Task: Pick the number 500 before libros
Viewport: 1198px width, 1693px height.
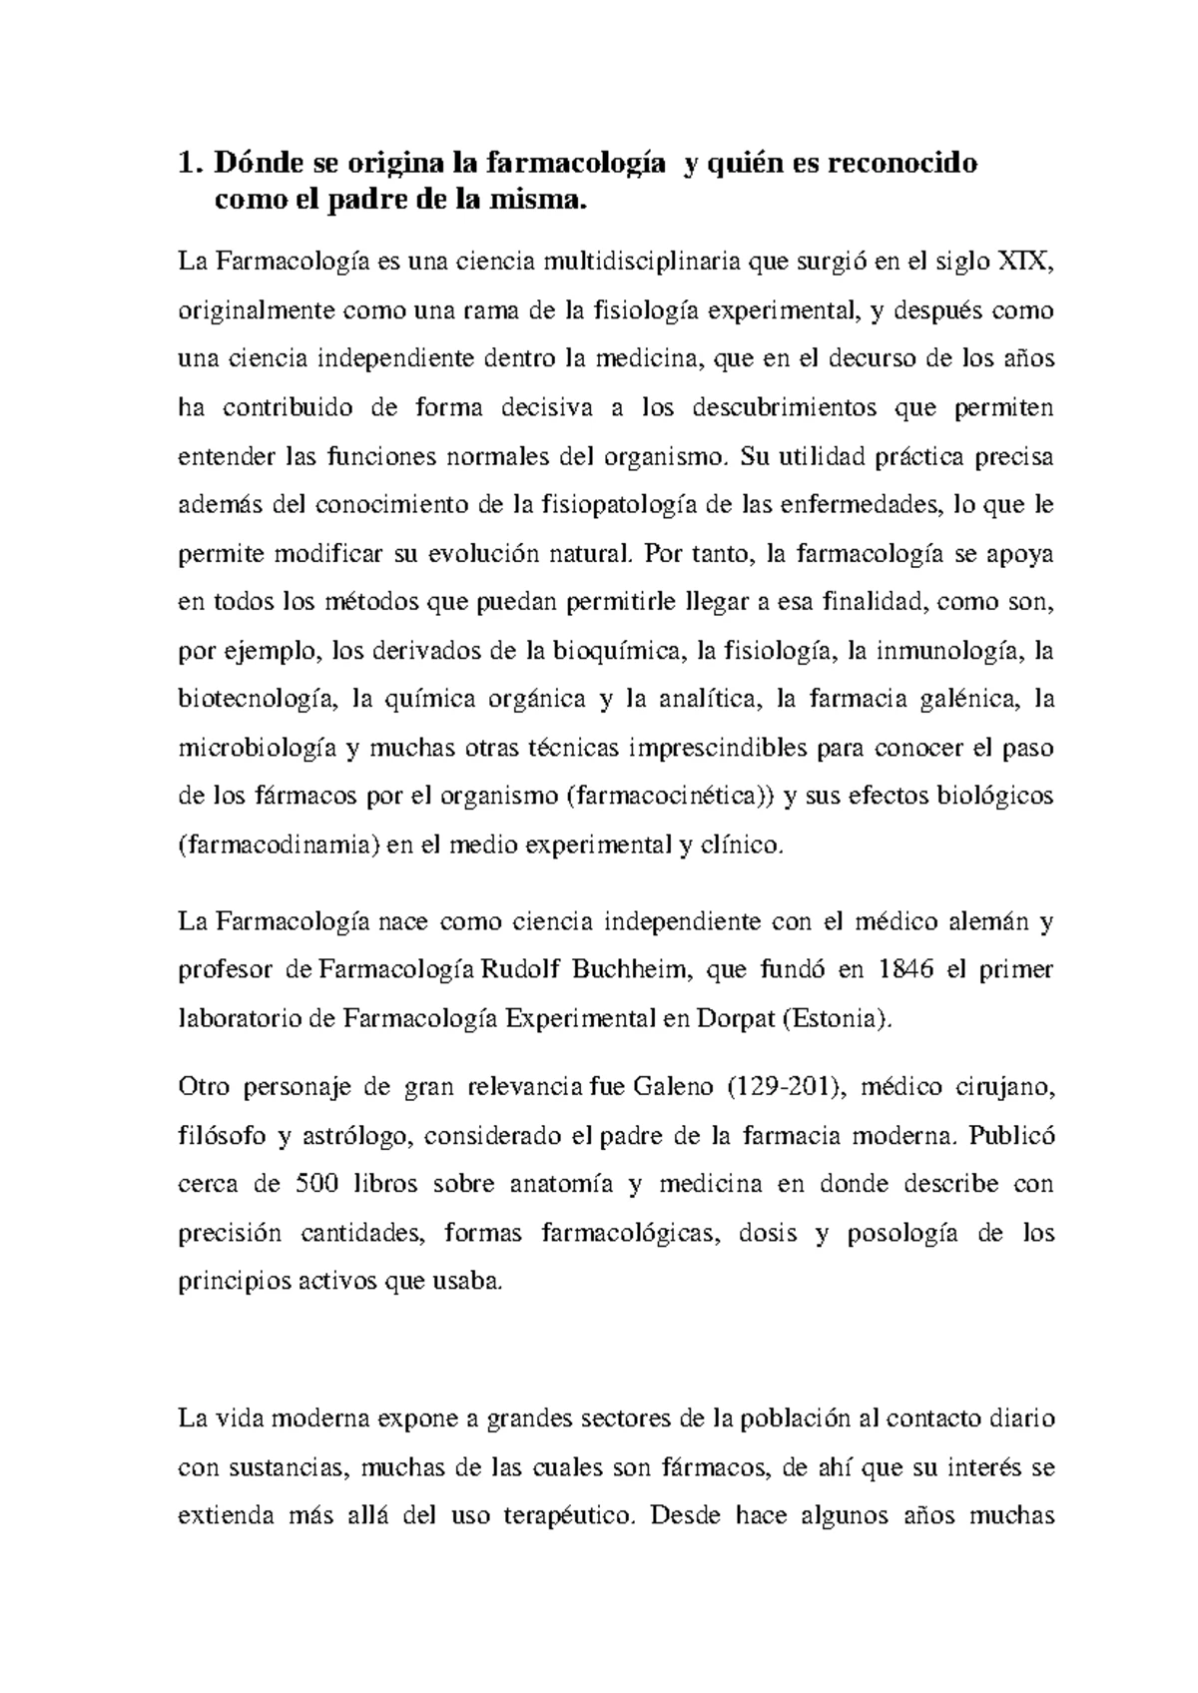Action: (x=318, y=1185)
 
